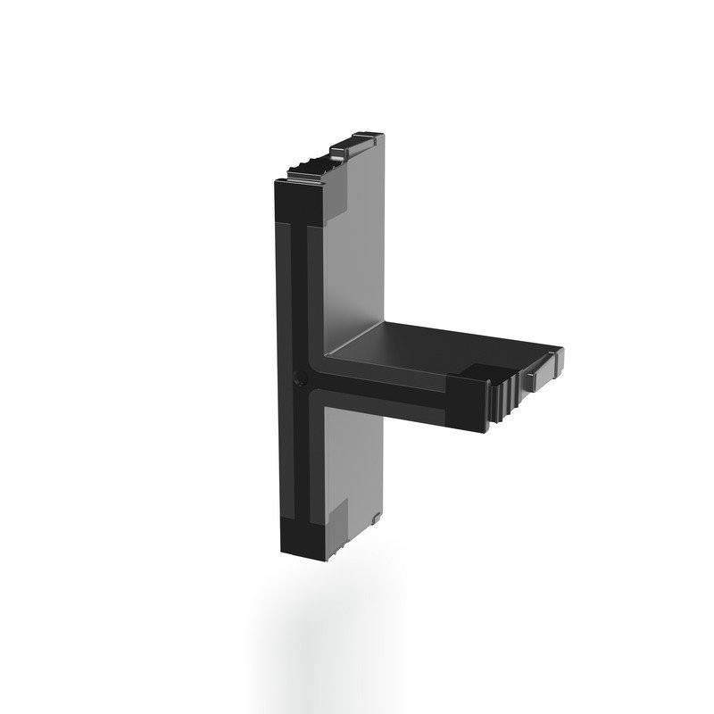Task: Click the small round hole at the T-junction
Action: tap(299, 378)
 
